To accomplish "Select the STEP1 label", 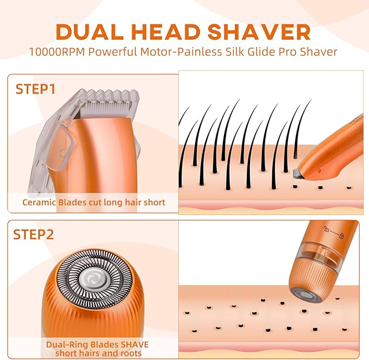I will click(x=35, y=89).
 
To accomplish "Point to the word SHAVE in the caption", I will click(x=131, y=344).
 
